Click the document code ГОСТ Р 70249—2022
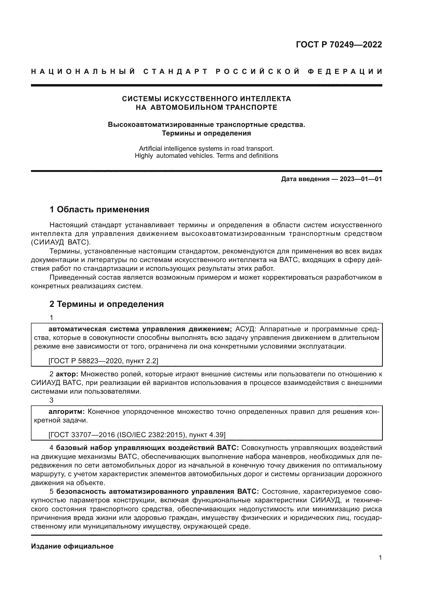339,45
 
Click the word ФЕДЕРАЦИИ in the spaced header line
345,72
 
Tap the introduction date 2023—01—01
361,179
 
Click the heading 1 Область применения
99,210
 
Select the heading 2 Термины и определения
107,304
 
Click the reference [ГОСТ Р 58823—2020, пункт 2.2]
103,361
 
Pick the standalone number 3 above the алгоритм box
52,400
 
